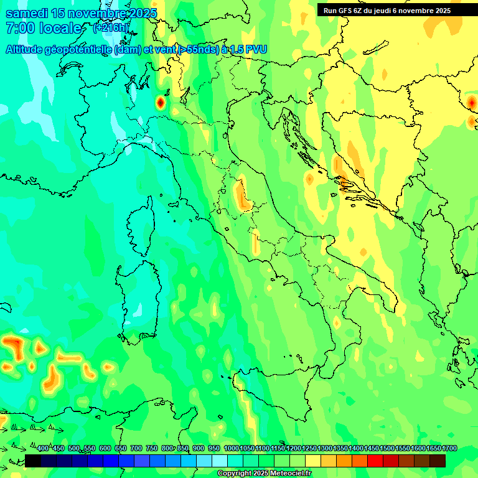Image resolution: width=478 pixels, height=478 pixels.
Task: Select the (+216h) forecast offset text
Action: click(x=111, y=28)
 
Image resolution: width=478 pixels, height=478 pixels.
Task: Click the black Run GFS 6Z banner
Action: click(x=396, y=11)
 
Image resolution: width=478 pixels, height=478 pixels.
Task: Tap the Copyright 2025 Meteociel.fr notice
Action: click(x=264, y=474)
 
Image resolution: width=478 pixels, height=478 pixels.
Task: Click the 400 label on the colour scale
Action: click(x=43, y=449)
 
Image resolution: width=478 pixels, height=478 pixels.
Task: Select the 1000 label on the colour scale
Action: click(x=231, y=449)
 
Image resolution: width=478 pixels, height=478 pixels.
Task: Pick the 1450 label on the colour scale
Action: click(x=372, y=449)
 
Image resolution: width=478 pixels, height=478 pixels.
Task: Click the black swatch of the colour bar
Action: click(x=33, y=461)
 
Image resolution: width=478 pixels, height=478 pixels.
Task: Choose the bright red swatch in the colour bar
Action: click(x=375, y=461)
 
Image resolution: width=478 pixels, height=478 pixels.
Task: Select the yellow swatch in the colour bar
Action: click(x=313, y=461)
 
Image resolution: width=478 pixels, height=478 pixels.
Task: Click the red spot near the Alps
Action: click(x=160, y=101)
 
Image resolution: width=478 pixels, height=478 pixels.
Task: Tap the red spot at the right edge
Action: click(x=472, y=101)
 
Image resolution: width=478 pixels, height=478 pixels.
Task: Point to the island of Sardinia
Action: click(x=138, y=299)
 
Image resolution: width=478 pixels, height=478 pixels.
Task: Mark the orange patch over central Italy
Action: click(x=241, y=194)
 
